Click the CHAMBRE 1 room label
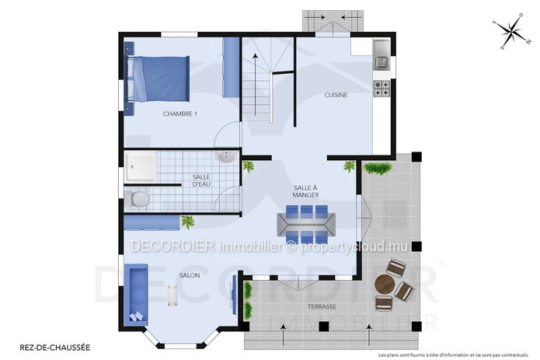click(179, 114)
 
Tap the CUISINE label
click(336, 95)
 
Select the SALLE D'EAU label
click(201, 180)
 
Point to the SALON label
click(190, 275)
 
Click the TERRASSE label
click(322, 306)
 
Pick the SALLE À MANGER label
click(305, 191)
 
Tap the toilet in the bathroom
click(137, 199)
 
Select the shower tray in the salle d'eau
click(141, 166)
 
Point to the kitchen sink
click(381, 54)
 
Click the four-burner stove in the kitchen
click(381, 88)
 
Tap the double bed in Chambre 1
click(158, 79)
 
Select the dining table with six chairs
click(306, 224)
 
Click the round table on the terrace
click(385, 284)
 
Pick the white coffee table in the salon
click(172, 295)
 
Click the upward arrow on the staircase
click(255, 85)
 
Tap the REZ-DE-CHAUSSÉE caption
click(55, 348)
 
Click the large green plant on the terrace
click(378, 168)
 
